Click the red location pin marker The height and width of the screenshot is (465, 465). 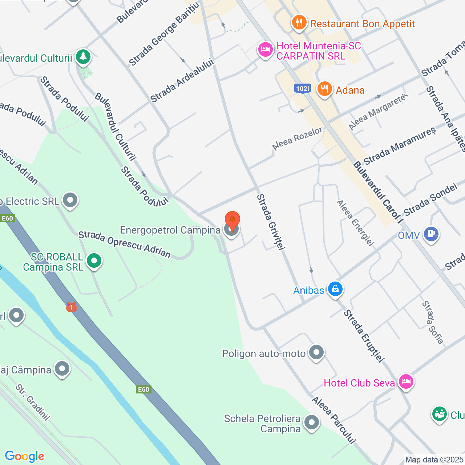click(232, 220)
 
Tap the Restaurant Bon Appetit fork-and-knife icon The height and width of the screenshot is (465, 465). click(299, 23)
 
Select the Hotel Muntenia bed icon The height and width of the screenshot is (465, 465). click(265, 50)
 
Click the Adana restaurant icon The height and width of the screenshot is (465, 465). click(324, 89)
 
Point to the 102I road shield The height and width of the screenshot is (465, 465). click(302, 88)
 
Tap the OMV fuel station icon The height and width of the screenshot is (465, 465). click(431, 234)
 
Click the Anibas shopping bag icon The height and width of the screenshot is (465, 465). click(335, 289)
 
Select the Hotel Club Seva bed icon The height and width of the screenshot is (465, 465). click(406, 382)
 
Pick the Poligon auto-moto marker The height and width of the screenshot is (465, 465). click(316, 352)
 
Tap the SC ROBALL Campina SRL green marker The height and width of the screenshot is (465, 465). click(94, 261)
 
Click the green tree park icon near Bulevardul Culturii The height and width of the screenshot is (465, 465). click(83, 57)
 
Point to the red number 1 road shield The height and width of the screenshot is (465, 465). click(72, 307)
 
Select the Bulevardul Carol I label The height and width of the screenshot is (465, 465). click(378, 193)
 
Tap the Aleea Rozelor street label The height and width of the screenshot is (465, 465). click(297, 139)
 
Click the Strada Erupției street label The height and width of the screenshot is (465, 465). click(364, 336)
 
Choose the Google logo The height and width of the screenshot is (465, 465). click(24, 456)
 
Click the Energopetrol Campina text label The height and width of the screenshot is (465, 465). click(170, 230)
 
